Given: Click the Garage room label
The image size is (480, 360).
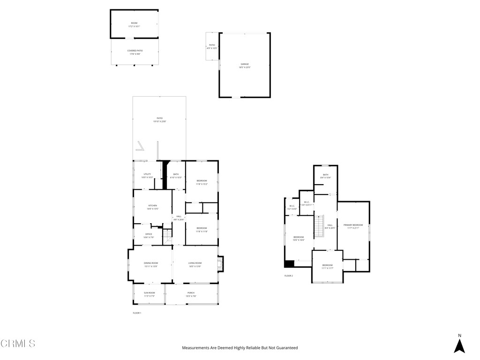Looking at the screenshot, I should (x=245, y=64).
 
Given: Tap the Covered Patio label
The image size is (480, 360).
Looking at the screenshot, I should (x=135, y=51).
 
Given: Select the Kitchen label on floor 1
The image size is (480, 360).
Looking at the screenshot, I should (x=153, y=206).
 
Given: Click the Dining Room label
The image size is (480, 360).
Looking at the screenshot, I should (x=151, y=263).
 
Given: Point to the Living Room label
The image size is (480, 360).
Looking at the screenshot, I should (x=195, y=263).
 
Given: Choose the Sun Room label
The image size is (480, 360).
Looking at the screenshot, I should (x=149, y=293).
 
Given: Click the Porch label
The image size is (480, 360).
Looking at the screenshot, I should (x=191, y=293).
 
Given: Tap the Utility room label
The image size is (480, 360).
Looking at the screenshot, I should (x=147, y=174).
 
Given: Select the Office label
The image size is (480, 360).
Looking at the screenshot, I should (x=149, y=234).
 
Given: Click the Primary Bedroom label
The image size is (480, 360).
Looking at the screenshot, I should (x=353, y=225).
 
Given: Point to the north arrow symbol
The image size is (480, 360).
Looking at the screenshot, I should (x=459, y=345).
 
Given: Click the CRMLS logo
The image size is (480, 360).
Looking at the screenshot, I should (x=18, y=344).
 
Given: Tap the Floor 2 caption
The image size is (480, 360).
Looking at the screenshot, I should (x=289, y=276).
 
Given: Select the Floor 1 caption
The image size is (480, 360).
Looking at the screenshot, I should (x=137, y=313).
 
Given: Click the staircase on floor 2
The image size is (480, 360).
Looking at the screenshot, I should (x=319, y=226).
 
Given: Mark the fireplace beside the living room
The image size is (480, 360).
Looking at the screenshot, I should (x=221, y=263).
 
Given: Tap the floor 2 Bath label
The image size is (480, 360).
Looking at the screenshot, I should (x=325, y=175).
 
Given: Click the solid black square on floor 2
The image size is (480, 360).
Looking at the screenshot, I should (x=289, y=263).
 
